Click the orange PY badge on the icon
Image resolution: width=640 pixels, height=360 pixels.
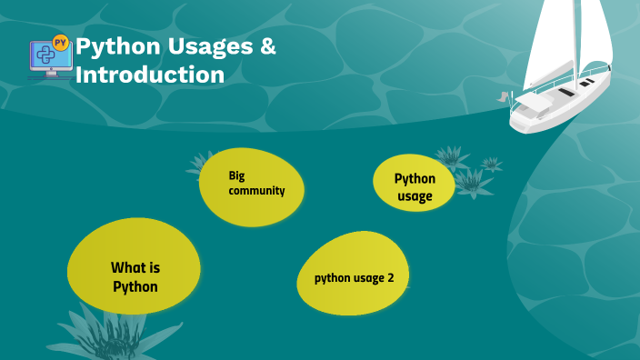(61, 42)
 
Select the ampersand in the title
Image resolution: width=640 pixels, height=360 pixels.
(267, 46)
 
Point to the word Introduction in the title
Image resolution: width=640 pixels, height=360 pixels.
(149, 75)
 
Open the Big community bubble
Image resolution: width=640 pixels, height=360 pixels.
(252, 185)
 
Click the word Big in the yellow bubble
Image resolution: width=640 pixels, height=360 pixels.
(237, 175)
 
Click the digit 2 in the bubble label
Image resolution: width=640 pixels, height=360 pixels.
(391, 277)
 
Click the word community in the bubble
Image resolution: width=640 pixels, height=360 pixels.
(257, 191)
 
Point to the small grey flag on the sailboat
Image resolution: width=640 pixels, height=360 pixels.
(501, 95)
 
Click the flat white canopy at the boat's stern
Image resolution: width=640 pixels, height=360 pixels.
(535, 105)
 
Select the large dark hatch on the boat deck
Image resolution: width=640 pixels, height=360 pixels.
(565, 92)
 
